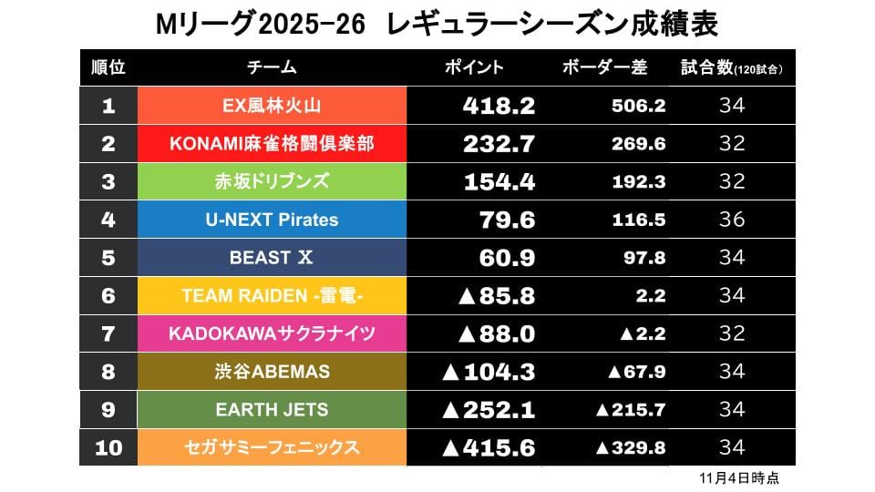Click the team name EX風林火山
pos(272,106)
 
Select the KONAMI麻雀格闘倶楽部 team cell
pos(272,144)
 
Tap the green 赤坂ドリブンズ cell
pos(272,181)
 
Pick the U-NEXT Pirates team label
pos(272,220)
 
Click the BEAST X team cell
pos(272,258)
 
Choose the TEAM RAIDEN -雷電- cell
pos(272,296)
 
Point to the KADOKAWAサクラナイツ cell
pos(272,333)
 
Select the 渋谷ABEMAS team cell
pos(272,372)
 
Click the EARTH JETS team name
pos(272,410)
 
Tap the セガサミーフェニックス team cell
pos(272,447)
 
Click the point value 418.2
pos(499,106)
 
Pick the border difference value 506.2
pos(639,106)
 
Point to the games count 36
pos(732,220)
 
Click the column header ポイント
pos(474,67)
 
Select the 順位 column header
pos(108,67)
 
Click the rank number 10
pos(108,447)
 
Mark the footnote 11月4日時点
pos(732,477)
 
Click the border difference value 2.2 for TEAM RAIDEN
pos(651,296)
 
